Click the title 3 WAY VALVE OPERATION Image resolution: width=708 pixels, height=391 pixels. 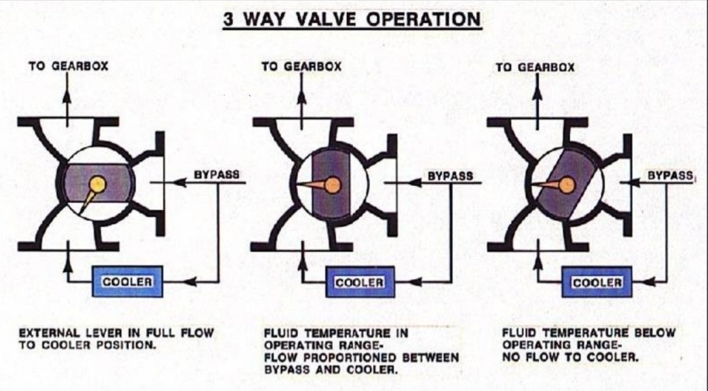click(x=352, y=18)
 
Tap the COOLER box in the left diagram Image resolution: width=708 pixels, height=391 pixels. click(x=127, y=281)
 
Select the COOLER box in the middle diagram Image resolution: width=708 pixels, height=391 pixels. click(x=360, y=282)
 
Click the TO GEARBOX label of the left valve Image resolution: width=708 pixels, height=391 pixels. click(x=68, y=67)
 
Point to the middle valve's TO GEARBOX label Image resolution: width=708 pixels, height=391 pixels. click(x=301, y=67)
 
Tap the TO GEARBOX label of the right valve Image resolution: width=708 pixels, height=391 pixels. click(x=535, y=67)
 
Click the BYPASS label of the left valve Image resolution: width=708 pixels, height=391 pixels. click(x=217, y=174)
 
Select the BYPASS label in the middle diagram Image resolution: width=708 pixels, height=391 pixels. click(x=449, y=176)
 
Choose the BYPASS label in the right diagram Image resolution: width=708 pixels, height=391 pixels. click(x=669, y=175)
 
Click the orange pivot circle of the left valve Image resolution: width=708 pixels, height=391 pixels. click(x=98, y=183)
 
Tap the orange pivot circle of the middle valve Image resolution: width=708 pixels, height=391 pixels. click(x=333, y=185)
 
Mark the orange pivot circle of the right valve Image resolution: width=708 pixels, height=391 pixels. click(x=567, y=184)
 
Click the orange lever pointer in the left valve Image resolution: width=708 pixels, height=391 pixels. click(x=87, y=201)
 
